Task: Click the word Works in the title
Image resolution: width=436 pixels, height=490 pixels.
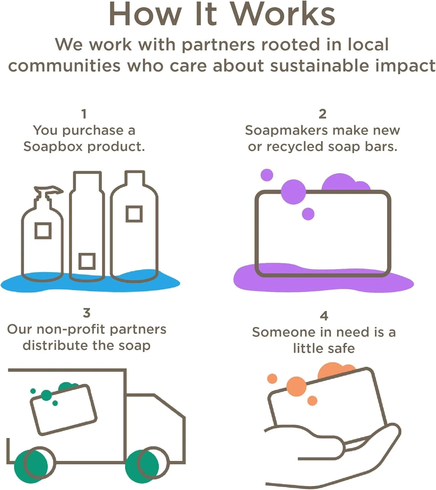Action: coord(283,15)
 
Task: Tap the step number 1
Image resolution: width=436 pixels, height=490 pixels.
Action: coord(84,114)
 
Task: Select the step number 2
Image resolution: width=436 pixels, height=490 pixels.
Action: coord(322,114)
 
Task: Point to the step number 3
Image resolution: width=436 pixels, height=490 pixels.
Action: coord(86,313)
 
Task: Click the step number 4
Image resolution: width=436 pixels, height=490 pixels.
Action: coord(324,316)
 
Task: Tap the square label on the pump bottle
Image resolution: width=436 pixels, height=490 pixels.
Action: coord(43,231)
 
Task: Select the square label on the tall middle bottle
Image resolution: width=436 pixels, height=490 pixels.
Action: coord(87,261)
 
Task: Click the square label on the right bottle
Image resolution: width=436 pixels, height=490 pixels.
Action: coord(134,214)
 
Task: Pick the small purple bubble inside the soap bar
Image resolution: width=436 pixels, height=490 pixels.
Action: coord(308,214)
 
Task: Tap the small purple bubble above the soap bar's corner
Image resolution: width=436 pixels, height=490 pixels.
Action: coord(267,175)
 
